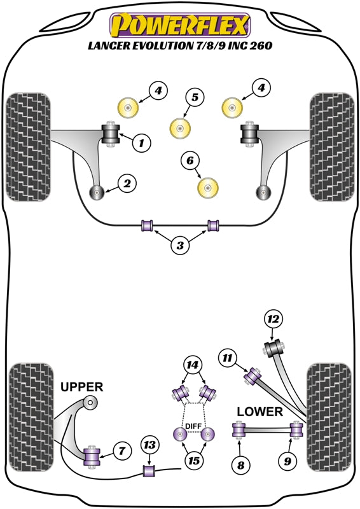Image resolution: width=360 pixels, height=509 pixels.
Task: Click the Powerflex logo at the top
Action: (x=181, y=25)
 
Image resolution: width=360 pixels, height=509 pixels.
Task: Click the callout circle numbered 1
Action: (x=141, y=144)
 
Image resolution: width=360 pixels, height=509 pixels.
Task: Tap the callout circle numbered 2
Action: (x=127, y=185)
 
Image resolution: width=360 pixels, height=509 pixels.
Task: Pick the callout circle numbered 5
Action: (x=195, y=97)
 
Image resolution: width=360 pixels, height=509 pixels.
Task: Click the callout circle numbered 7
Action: (x=121, y=452)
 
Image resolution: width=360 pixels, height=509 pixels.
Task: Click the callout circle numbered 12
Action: (x=273, y=319)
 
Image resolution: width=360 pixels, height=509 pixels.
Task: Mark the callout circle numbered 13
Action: (x=149, y=445)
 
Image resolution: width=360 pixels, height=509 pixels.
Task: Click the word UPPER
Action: (x=81, y=387)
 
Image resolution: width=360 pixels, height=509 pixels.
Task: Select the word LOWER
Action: (x=259, y=412)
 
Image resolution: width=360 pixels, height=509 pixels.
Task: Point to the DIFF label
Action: (x=192, y=426)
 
